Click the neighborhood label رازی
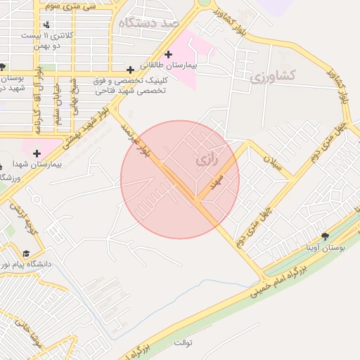coord(207,160)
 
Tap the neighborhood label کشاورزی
coord(274,75)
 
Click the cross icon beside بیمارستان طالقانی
coord(168,54)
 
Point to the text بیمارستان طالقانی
coord(169,65)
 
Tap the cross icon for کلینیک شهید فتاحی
coord(130,70)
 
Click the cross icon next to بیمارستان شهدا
coord(37,153)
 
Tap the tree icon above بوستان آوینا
coord(324,236)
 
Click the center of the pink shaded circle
coord(180,179)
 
